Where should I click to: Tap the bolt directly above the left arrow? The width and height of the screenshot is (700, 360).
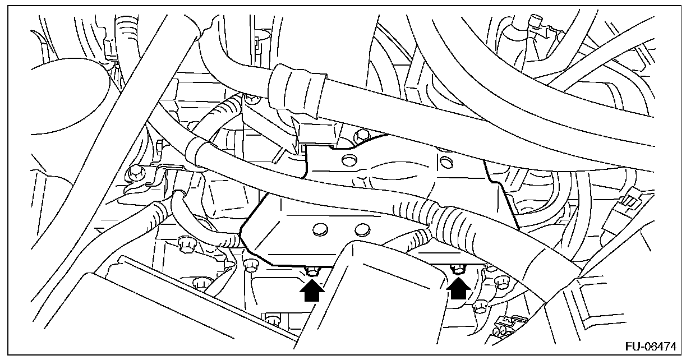click(312, 272)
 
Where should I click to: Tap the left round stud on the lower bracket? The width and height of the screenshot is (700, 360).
click(320, 229)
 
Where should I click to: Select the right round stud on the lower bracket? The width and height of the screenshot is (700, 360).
click(362, 229)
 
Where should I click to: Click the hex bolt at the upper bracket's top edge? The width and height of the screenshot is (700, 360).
click(361, 135)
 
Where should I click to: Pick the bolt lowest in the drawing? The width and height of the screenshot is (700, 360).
click(273, 321)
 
